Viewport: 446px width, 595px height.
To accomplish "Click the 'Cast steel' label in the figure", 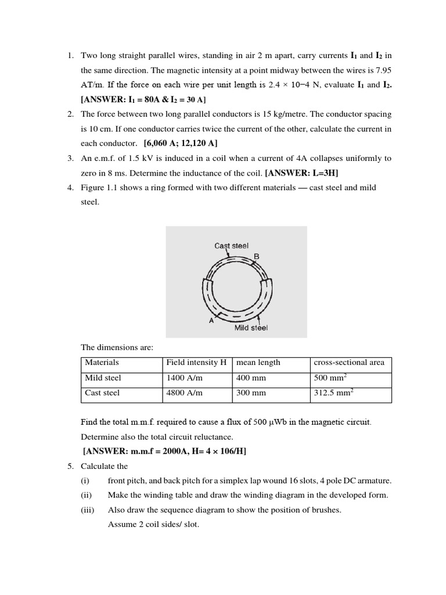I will click(x=231, y=246).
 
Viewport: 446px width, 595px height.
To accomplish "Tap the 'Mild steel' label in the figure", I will click(x=251, y=328).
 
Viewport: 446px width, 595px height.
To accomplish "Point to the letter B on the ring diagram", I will click(x=256, y=256).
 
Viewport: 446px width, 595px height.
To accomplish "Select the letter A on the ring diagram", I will click(x=211, y=320).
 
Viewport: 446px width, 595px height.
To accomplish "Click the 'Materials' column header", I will click(x=102, y=363).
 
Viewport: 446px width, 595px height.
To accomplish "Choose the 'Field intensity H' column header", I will click(x=196, y=363).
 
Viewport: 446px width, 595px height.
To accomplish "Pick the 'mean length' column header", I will click(x=258, y=363).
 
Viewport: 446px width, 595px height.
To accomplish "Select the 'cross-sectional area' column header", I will click(x=348, y=363).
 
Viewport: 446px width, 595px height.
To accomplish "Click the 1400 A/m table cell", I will click(x=184, y=378).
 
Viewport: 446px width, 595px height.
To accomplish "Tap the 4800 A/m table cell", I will click(x=184, y=393).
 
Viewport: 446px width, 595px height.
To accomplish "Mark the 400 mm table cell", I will click(x=251, y=378).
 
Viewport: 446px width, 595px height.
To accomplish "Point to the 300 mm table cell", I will click(x=251, y=393).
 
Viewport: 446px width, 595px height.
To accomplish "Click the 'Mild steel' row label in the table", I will click(x=103, y=378).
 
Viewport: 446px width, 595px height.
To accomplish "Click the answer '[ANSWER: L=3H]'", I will click(x=301, y=173).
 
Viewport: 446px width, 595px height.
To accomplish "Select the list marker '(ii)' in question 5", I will click(x=86, y=495).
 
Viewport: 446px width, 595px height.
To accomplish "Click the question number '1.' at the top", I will click(x=70, y=56).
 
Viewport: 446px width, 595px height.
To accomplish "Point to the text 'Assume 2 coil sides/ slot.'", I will click(x=153, y=525).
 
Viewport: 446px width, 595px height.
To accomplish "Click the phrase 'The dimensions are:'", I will click(x=117, y=347).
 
